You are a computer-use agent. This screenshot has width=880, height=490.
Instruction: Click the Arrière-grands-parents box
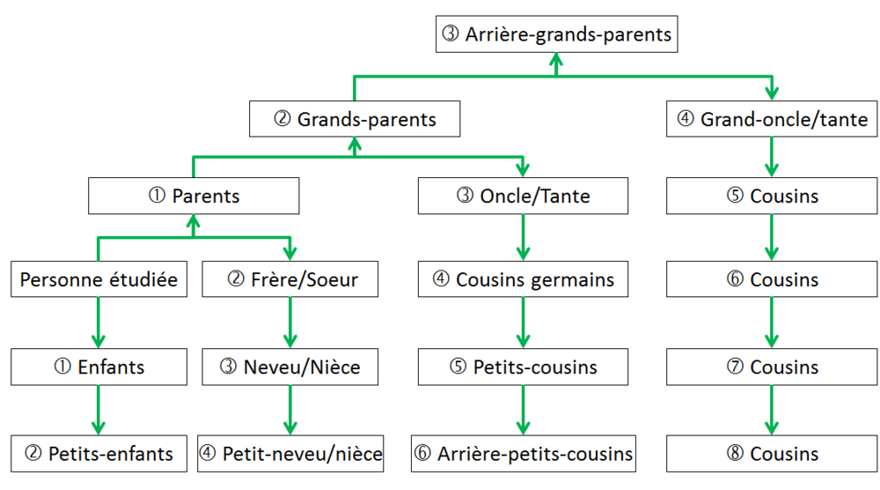[x=558, y=35]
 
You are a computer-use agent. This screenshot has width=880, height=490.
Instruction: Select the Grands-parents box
[x=355, y=119]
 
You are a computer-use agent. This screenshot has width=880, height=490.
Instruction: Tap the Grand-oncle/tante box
[x=772, y=119]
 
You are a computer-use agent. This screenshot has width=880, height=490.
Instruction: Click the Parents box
[x=194, y=196]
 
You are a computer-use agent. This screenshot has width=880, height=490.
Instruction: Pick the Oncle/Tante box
[x=524, y=196]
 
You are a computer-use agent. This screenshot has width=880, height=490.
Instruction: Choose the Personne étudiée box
[x=99, y=280]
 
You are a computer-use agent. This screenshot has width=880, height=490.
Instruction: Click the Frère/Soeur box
[x=290, y=280]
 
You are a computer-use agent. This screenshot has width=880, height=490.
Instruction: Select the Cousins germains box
[x=524, y=280]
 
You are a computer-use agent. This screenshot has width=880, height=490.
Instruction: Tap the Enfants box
[x=99, y=367]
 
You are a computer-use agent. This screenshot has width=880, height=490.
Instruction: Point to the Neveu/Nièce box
[x=290, y=367]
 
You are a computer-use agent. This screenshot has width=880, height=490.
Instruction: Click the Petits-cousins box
[x=524, y=367]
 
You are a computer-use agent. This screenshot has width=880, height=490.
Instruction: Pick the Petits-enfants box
[x=99, y=454]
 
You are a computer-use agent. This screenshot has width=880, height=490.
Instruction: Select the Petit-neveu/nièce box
[x=290, y=454]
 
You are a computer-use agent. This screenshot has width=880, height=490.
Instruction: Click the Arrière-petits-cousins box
[x=524, y=454]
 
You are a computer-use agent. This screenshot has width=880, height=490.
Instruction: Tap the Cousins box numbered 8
[x=772, y=454]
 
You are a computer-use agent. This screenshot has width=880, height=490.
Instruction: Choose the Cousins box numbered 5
[x=772, y=196]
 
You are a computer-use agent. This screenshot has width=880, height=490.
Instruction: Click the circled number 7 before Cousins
[x=736, y=367]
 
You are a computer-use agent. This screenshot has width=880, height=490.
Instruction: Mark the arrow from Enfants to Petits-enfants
[x=99, y=410]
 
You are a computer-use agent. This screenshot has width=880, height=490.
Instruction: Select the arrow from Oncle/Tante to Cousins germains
[x=524, y=238]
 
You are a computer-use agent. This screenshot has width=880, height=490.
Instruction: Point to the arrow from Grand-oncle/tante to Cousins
[x=772, y=157]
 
